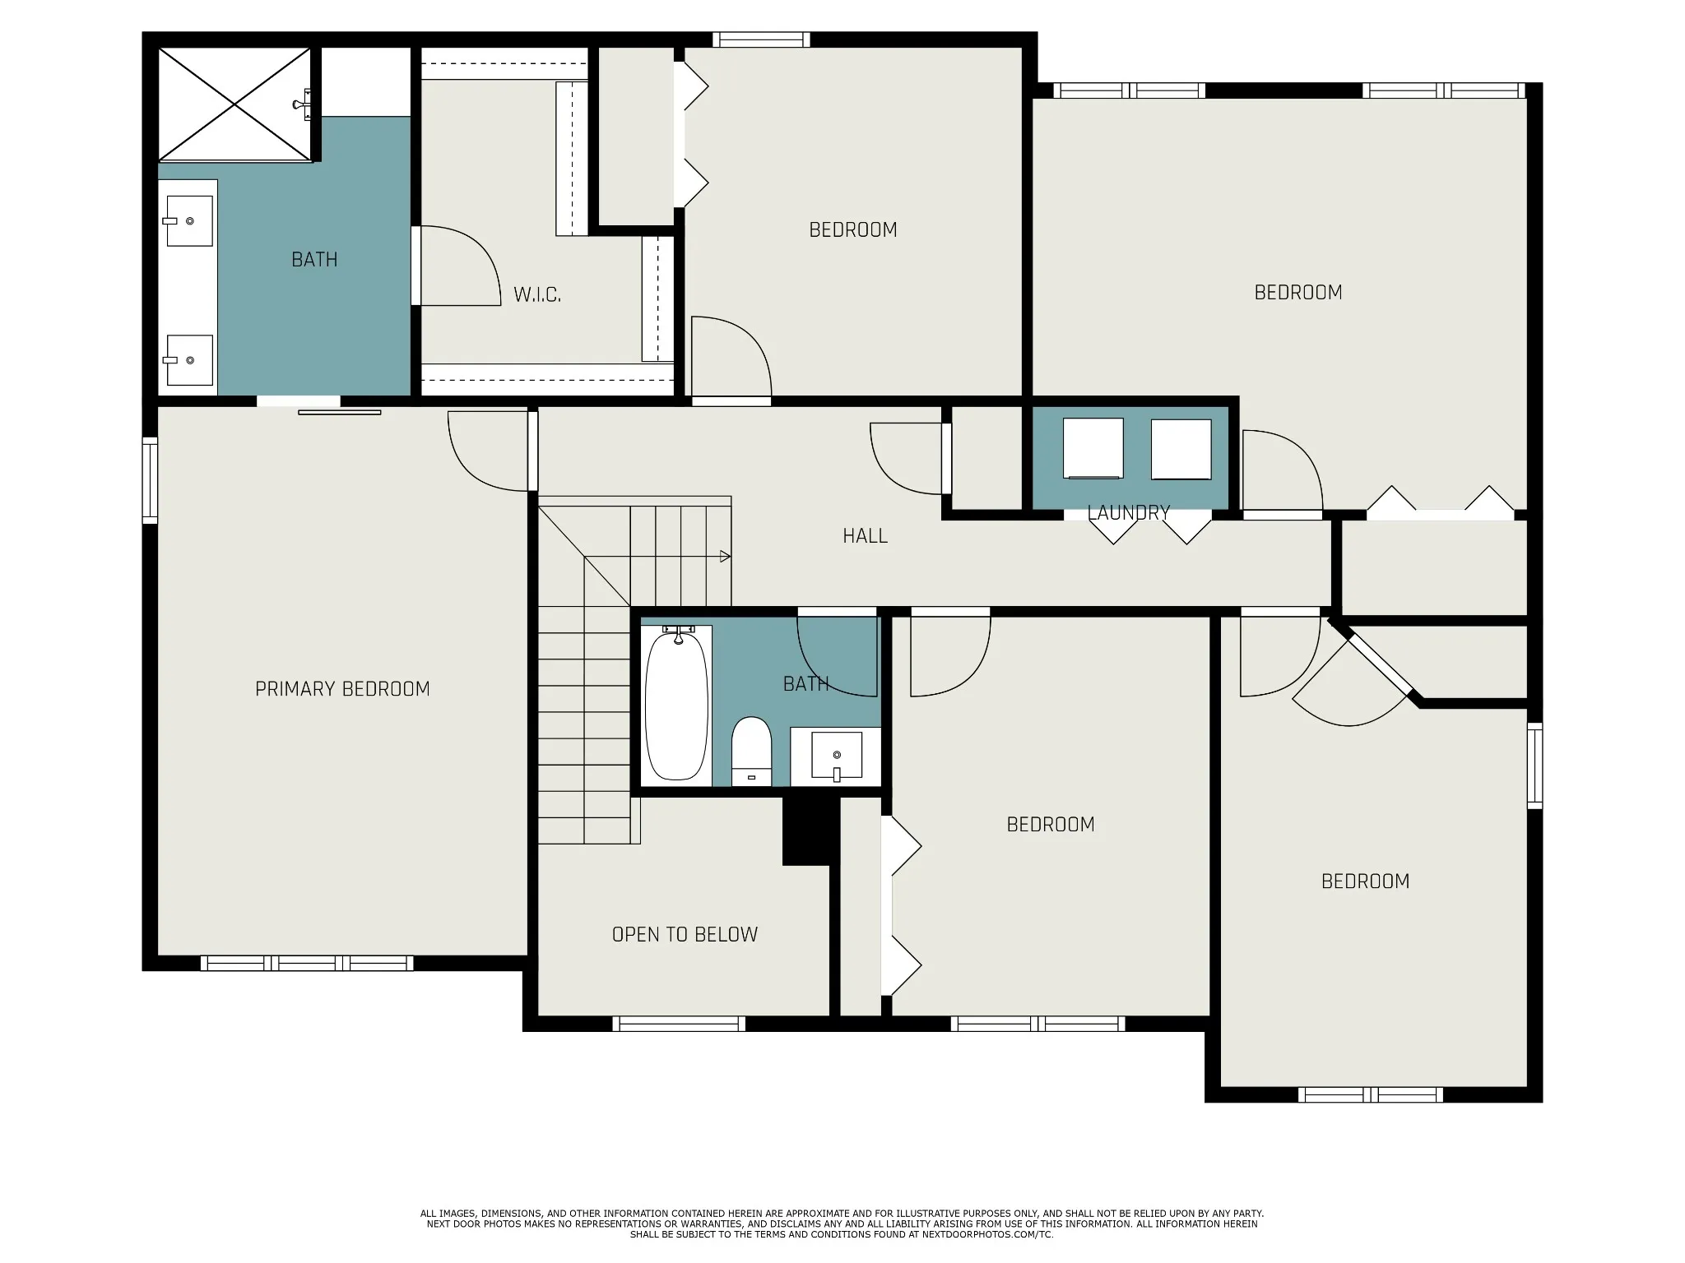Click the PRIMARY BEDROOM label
click(x=342, y=689)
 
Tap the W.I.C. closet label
click(x=537, y=294)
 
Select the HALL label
click(x=865, y=536)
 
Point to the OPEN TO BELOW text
click(x=685, y=934)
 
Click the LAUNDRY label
click(x=1128, y=513)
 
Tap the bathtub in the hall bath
click(x=676, y=705)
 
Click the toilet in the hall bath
click(x=751, y=751)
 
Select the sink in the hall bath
click(x=837, y=755)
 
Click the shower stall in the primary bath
click(x=235, y=104)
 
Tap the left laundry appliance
click(x=1093, y=448)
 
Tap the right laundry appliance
click(x=1181, y=449)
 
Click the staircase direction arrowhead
click(x=725, y=557)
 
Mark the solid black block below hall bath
click(x=810, y=830)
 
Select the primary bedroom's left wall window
click(x=150, y=480)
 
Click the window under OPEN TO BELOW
click(x=679, y=1024)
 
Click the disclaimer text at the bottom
click(x=842, y=1224)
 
